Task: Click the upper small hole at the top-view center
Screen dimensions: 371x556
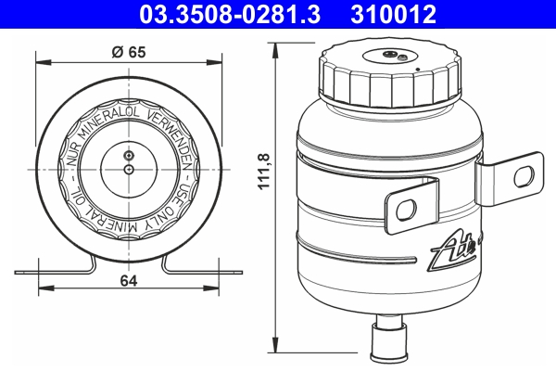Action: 129,153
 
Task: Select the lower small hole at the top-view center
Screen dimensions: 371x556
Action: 129,170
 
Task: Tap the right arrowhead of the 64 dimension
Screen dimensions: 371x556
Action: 238,273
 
